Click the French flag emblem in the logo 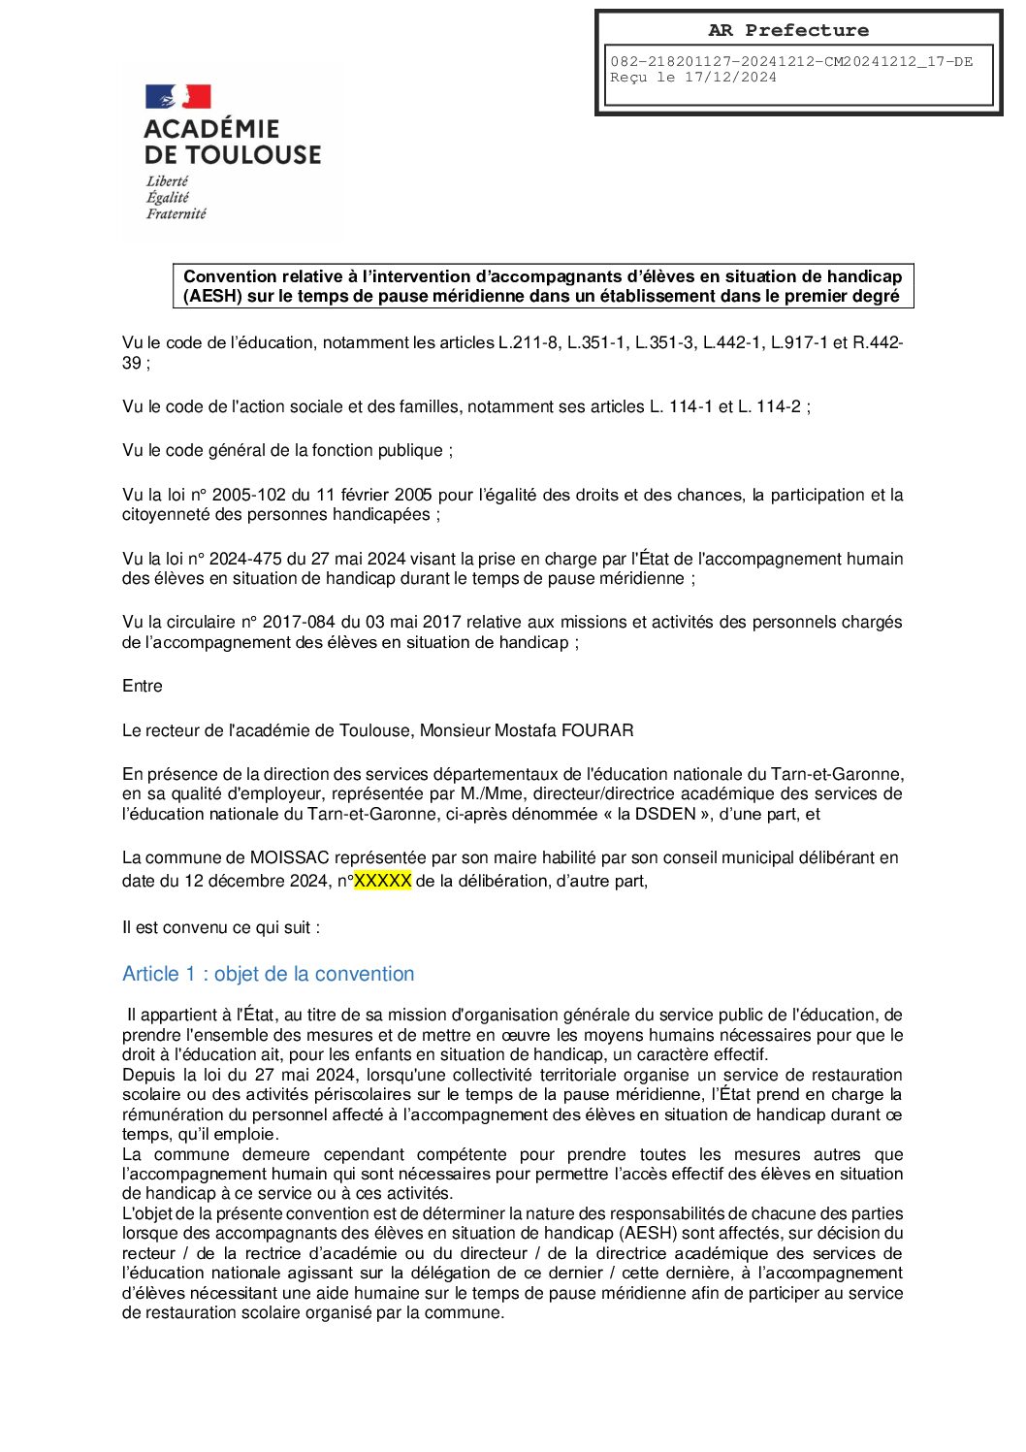177,96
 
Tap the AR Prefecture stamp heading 788,30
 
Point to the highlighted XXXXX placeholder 382,881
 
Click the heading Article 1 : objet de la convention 269,974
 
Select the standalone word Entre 143,686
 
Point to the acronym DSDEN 665,814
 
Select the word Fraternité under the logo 176,213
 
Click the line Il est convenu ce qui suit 221,927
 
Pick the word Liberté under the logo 168,181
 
